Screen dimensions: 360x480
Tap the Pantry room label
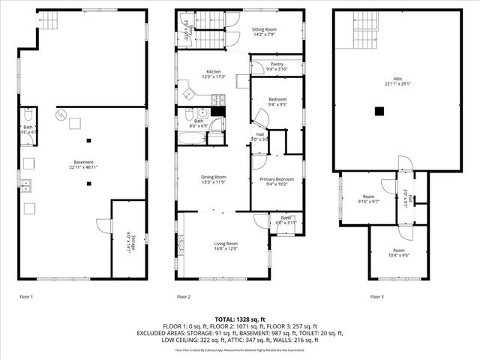click(x=277, y=65)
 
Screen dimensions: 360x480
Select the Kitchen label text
click(x=214, y=71)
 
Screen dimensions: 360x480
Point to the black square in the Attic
click(x=380, y=112)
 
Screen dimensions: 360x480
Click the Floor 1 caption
click(x=26, y=297)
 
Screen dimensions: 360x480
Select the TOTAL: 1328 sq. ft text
click(x=239, y=319)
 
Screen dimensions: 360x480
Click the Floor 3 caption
click(x=376, y=297)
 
